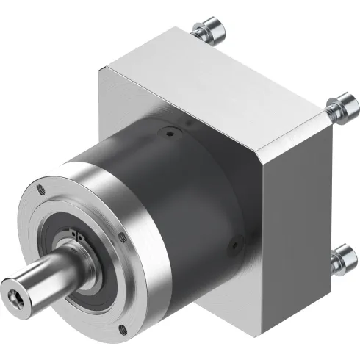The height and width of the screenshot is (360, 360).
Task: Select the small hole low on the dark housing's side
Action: click(x=236, y=240)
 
